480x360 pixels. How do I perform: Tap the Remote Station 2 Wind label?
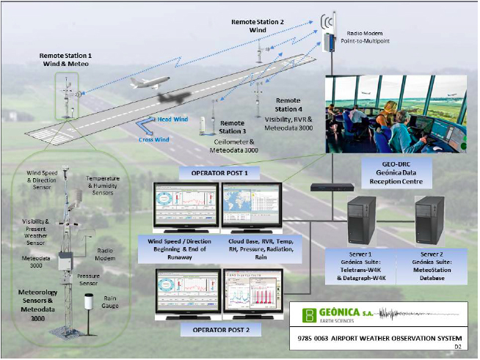click(x=258, y=26)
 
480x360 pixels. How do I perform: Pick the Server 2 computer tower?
click(x=432, y=221)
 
